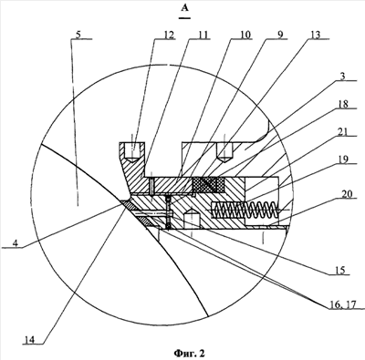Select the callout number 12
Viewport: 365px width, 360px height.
coord(169,35)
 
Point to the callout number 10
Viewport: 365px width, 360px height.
coord(245,35)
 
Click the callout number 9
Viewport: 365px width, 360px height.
coord(280,35)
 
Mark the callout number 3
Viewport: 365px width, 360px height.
coord(343,77)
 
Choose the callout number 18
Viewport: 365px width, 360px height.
coord(343,104)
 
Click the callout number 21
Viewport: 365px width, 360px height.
coord(343,131)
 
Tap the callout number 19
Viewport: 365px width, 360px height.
coord(343,159)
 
